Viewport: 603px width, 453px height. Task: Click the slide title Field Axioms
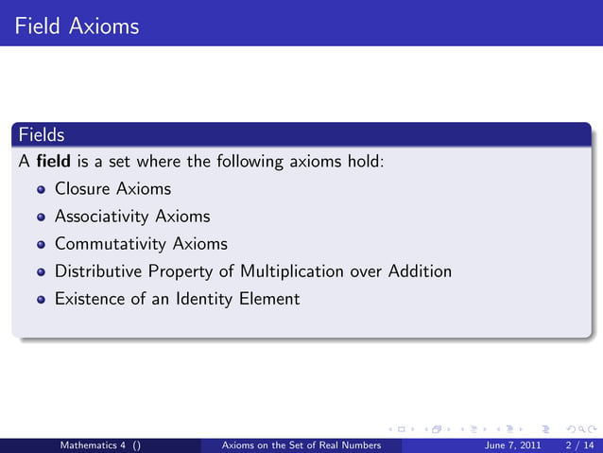tap(78, 26)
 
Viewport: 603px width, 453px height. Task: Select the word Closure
tap(81, 189)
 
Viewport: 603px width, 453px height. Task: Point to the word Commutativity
tap(112, 244)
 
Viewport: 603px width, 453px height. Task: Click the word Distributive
tap(95, 271)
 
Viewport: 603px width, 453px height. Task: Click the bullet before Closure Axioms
tap(41, 190)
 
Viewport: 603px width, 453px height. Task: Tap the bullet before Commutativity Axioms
tap(41, 245)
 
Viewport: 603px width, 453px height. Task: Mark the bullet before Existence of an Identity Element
tap(41, 300)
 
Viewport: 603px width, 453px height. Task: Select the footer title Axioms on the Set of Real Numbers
tap(300, 444)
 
